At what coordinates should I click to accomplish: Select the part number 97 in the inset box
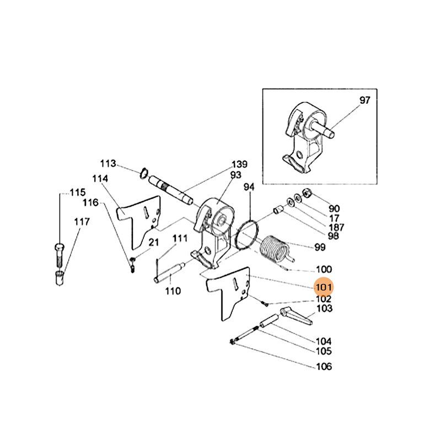click(365, 100)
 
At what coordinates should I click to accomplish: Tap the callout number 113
click(108, 164)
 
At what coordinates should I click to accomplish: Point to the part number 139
click(239, 164)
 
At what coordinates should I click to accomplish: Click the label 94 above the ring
click(249, 187)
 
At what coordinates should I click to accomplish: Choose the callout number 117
click(82, 222)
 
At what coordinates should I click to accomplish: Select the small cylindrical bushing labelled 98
click(279, 211)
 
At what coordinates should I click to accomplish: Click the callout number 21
click(153, 242)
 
